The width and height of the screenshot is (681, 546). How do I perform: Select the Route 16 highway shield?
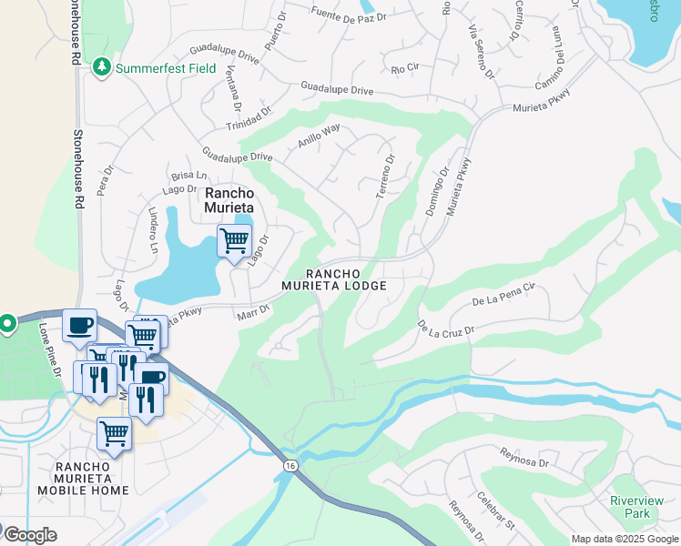point(290,465)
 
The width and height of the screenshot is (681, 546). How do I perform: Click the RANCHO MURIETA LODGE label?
point(345,279)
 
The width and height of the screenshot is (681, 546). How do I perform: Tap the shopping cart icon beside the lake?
point(234,241)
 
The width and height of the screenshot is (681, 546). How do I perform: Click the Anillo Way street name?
point(319,136)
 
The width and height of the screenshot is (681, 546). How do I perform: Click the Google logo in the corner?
point(29,534)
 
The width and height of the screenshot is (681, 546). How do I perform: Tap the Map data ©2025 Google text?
point(625,539)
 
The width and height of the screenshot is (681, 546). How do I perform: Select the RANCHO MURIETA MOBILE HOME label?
point(83,479)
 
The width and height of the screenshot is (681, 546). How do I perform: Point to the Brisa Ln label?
point(188,177)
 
